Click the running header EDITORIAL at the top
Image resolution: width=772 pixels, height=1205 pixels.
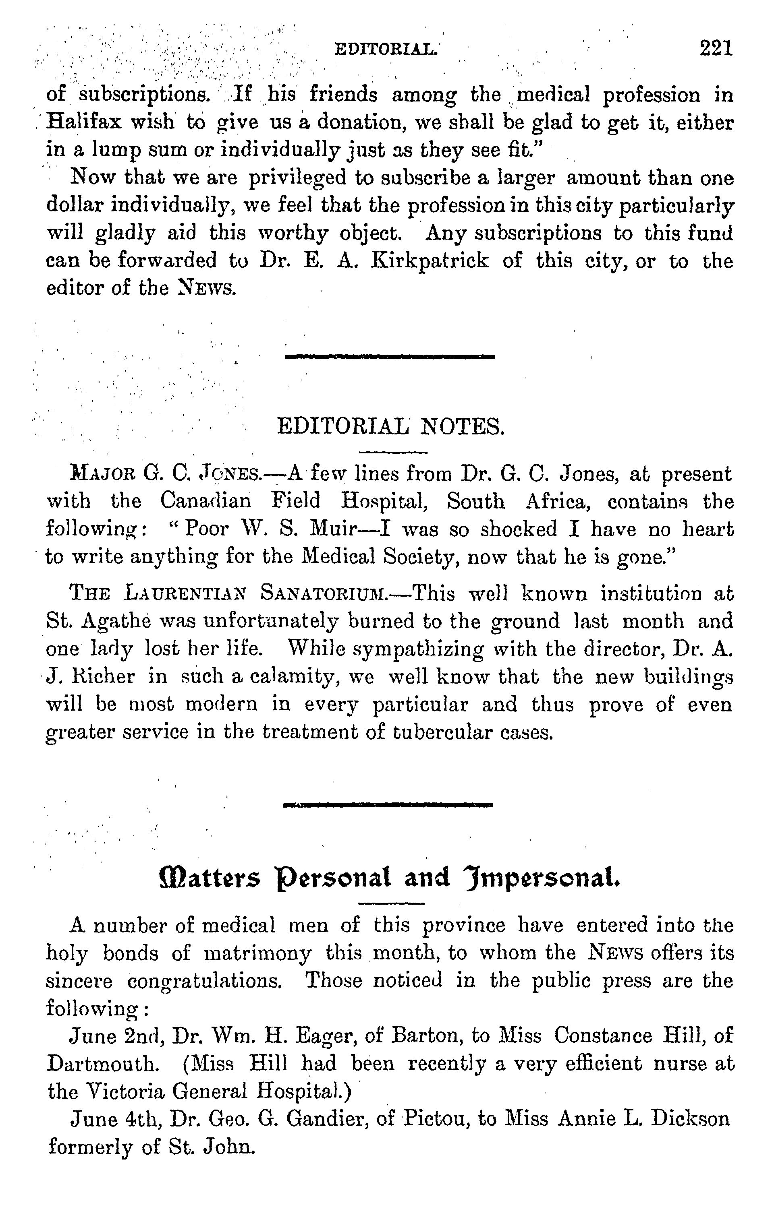tap(386, 49)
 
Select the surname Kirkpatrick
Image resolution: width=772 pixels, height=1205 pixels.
tap(430, 261)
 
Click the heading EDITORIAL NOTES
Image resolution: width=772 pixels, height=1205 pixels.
tap(390, 427)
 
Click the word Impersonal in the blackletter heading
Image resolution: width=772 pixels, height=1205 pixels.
tap(541, 877)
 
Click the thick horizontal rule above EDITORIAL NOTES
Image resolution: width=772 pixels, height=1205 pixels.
tap(390, 357)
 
